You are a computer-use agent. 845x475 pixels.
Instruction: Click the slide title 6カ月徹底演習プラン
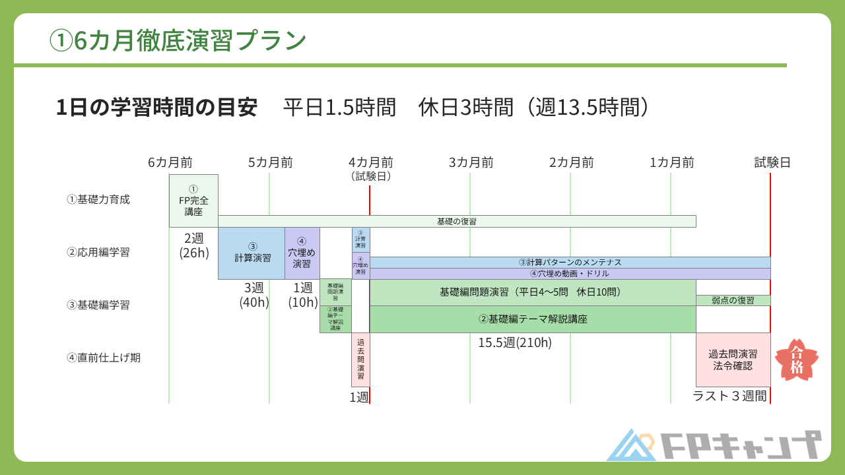coord(178,41)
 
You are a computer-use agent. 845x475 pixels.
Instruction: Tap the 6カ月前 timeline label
coord(170,163)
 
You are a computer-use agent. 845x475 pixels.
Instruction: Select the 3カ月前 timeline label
coord(471,163)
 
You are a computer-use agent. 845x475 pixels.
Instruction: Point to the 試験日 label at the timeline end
coord(772,163)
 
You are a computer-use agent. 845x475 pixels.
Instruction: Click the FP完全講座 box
coord(193,201)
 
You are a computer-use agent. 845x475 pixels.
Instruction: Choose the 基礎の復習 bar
coord(457,222)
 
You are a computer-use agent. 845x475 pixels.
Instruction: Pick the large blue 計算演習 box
coord(252,253)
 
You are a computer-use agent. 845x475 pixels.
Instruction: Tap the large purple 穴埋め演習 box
coord(302,253)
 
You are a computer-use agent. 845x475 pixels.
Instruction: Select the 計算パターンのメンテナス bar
coord(570,263)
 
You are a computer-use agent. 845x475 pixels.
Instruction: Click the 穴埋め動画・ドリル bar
coord(570,274)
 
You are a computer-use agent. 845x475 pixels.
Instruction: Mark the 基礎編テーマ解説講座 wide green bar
coord(533,319)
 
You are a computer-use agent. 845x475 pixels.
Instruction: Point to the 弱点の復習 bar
coord(733,301)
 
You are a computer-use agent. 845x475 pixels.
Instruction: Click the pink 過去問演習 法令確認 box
coord(733,360)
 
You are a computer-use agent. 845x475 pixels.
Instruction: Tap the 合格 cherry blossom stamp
coord(796,360)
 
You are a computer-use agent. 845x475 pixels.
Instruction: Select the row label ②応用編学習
coord(98,252)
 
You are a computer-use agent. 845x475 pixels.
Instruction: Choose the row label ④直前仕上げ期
coord(104,358)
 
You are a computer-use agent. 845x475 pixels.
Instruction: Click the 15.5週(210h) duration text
coord(515,342)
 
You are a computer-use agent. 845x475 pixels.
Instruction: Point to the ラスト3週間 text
coord(729,396)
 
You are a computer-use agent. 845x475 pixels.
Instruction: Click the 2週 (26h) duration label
coord(193,245)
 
